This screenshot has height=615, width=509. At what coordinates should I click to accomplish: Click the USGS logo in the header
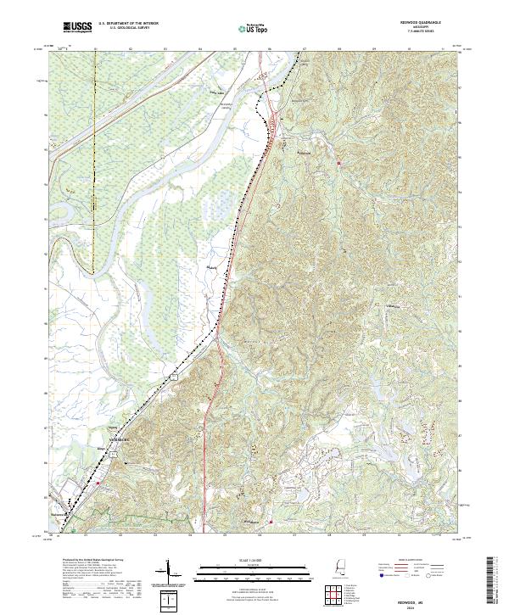[x=76, y=27]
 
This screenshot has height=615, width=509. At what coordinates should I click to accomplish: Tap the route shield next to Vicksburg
[x=111, y=456]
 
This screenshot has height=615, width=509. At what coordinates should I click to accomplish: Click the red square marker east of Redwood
[x=338, y=162]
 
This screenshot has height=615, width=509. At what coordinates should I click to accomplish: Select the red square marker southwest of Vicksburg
[x=98, y=484]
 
